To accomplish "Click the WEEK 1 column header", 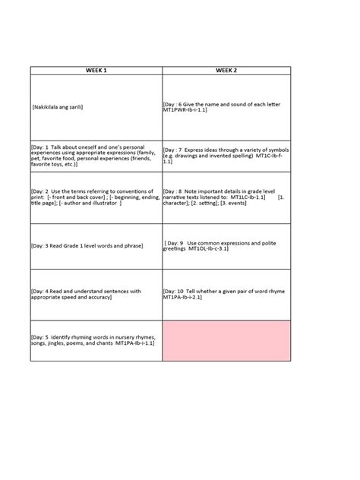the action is pos(96,70).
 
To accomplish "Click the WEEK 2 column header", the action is pos(226,70).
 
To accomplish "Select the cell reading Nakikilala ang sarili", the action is pos(96,107).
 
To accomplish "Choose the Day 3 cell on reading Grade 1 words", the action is pos(96,246).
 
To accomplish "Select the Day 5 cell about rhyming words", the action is pos(96,339).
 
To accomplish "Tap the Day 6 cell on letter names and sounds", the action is pos(226,107).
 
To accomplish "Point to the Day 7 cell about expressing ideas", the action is pos(226,156).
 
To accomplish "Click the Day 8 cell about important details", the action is pos(226,201).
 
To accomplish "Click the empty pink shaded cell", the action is pos(226,339).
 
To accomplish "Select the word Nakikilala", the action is pos(46,107).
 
